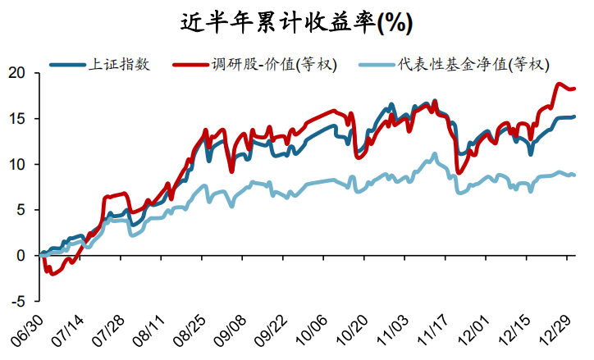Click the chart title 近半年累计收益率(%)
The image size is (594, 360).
296,22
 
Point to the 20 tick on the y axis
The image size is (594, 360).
20,74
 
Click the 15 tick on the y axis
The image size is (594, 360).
20,119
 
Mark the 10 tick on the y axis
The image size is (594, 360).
20,165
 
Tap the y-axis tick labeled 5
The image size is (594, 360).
24,210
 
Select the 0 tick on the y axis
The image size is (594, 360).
24,256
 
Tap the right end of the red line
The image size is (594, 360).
573,89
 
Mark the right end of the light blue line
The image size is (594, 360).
573,175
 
